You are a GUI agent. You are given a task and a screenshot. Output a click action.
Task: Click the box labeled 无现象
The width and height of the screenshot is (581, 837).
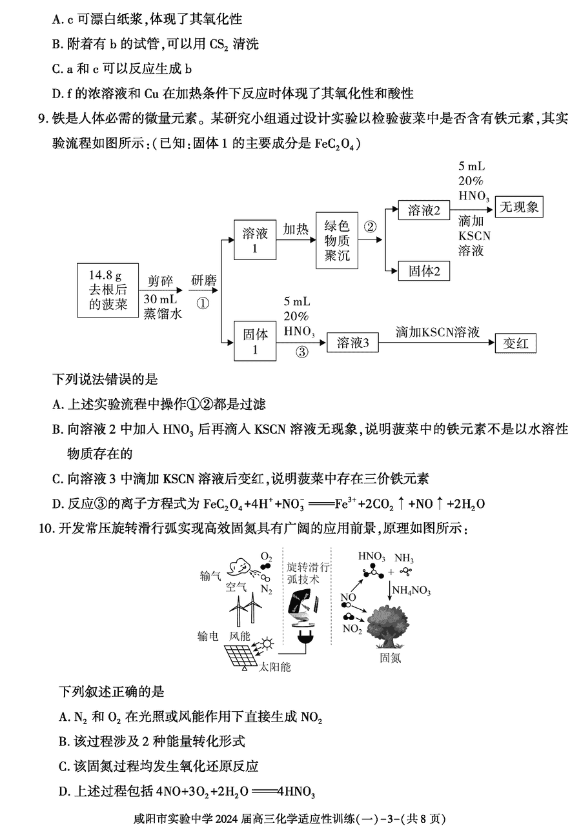(x=518, y=207)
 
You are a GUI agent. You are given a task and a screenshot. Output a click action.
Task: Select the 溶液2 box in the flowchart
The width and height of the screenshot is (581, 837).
(x=423, y=210)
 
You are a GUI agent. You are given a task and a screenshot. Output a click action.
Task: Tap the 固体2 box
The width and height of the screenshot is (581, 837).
(x=423, y=271)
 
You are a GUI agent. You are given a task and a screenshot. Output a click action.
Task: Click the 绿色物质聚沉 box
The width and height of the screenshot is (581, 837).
(x=336, y=240)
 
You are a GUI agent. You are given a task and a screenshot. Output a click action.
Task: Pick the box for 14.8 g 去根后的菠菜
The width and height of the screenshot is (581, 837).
(x=108, y=290)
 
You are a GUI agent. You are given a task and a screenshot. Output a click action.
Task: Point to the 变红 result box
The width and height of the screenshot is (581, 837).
(x=516, y=343)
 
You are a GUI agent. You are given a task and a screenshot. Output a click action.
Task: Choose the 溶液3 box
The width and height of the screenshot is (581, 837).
(x=352, y=342)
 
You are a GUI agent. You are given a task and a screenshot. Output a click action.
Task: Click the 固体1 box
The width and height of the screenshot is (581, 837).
(x=255, y=341)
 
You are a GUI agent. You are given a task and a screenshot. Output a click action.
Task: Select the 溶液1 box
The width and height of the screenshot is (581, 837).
(x=255, y=239)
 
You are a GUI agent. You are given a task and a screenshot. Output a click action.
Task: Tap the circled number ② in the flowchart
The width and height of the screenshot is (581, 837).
(x=370, y=227)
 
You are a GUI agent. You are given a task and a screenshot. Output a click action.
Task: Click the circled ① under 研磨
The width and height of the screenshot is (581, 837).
(x=203, y=303)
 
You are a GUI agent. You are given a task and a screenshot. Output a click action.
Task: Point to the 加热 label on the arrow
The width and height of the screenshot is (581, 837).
(x=296, y=229)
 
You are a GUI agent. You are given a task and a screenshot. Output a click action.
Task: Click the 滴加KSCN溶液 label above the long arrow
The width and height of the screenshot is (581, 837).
(x=438, y=332)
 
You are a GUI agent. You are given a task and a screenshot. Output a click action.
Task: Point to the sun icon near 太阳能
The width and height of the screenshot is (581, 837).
(x=268, y=644)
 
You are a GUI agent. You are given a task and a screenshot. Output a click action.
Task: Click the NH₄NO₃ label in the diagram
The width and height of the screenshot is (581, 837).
(x=411, y=590)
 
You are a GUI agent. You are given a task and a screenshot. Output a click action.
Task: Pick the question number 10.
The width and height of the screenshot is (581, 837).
(x=47, y=529)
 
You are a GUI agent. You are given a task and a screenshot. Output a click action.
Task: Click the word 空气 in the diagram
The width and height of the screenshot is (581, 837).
(x=236, y=587)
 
